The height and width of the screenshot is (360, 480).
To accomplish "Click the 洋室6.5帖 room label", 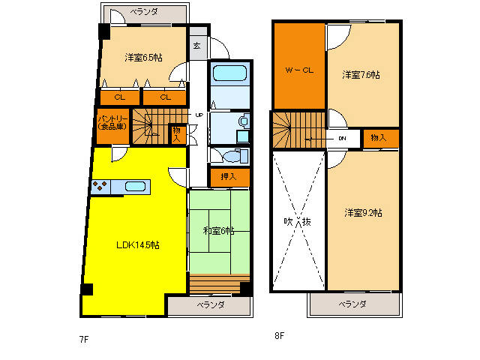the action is point(143,57).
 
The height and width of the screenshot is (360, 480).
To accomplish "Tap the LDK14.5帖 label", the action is point(138,245).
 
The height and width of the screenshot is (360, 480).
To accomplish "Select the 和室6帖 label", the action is point(218,230).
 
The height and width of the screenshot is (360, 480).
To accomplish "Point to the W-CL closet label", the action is point(299,70).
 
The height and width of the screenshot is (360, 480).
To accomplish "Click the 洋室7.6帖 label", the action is point(361,75).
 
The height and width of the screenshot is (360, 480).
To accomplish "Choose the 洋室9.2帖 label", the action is point(363,212).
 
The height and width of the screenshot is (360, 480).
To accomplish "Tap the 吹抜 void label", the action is point(298,221).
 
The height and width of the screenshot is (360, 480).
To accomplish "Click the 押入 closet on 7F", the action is point(229,177).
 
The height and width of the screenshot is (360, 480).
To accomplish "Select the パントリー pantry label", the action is point(112,122).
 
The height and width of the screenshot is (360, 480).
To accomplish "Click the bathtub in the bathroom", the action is point(229,73).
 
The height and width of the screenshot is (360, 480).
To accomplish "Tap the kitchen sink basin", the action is point(135,187).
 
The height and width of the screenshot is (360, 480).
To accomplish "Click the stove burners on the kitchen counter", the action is point(100,186).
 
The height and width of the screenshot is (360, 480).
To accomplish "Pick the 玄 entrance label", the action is point(196,46).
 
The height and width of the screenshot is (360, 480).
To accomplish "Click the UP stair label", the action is point(199,115).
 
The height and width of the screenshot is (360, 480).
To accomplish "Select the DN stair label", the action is point(342,138).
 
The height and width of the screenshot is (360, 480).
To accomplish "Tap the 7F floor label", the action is point(84,339).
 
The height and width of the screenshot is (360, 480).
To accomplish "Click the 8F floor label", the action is point(279,336).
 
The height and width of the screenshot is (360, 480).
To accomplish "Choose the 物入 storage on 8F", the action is point(379,138).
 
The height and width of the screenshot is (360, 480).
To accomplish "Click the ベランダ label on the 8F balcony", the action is point(352,304).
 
